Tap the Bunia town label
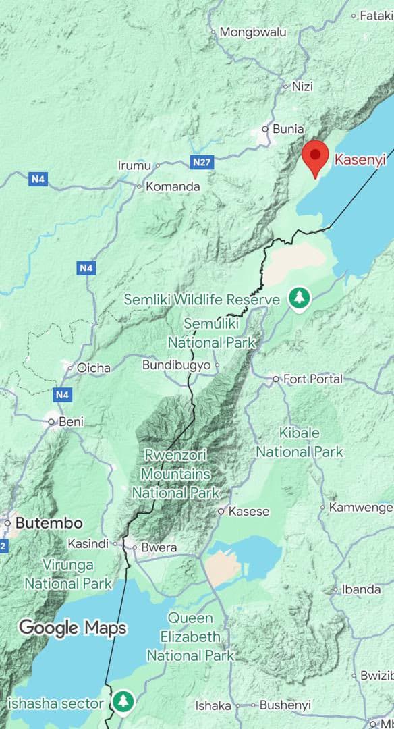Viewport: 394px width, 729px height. (x=288, y=128)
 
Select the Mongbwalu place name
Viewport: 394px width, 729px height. (x=253, y=32)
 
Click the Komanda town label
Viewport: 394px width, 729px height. (x=173, y=186)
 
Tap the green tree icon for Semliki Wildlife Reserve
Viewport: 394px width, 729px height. (x=298, y=298)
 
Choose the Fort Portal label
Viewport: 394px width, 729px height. (x=313, y=379)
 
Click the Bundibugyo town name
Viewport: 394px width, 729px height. (x=177, y=365)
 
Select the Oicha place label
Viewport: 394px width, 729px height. (x=94, y=368)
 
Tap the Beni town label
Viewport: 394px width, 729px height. (x=72, y=422)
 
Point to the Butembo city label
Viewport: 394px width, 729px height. (x=49, y=523)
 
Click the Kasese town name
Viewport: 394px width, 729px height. (x=249, y=512)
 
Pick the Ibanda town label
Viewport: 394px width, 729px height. (x=362, y=589)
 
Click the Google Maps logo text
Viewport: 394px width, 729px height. (x=72, y=628)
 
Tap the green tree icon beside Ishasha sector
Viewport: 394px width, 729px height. (x=123, y=701)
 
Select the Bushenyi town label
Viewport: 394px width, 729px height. (x=285, y=705)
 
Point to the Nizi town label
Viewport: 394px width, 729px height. (x=302, y=86)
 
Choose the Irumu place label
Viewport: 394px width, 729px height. (x=134, y=165)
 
